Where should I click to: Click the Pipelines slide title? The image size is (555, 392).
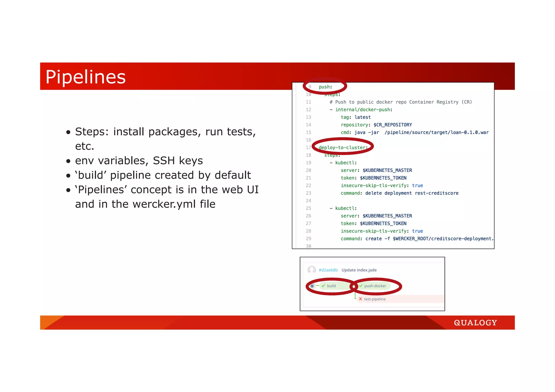tap(85, 77)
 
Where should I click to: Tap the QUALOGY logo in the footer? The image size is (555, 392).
tap(475, 323)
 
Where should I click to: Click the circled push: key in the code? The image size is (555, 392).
tap(325, 87)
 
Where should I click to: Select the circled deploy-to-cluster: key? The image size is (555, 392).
tap(343, 147)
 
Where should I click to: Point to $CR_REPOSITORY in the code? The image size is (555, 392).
tap(393, 125)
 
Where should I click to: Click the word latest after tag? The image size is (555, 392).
tap(363, 117)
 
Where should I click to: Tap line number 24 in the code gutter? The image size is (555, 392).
tap(308, 201)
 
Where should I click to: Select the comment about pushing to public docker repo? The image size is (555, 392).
tap(401, 102)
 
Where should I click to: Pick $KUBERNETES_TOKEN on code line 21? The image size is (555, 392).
tap(383, 178)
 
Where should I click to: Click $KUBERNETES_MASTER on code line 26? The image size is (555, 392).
tap(387, 216)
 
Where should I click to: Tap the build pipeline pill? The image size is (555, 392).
tap(331, 286)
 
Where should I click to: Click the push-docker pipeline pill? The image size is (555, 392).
tap(375, 286)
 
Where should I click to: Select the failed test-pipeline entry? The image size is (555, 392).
tap(375, 299)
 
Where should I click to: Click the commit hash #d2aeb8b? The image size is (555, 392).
tap(328, 270)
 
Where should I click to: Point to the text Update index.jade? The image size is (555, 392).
tap(359, 270)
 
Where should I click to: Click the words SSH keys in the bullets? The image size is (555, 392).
tap(178, 161)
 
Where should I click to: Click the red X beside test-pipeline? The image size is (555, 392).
tap(360, 299)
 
